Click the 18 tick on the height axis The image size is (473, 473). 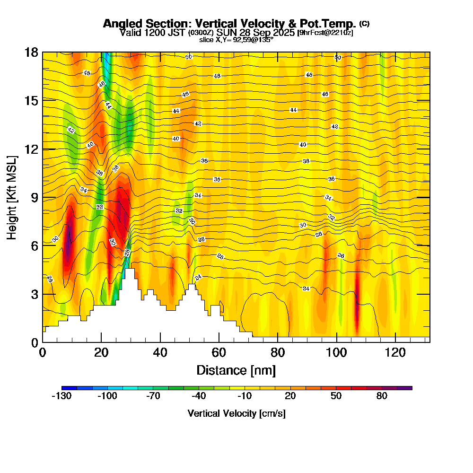(32, 52)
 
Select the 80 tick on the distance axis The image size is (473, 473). (278, 352)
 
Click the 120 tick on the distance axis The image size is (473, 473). (395, 352)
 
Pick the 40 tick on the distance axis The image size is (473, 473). (160, 352)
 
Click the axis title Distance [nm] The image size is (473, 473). (236, 369)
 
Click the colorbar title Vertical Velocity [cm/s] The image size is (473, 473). (236, 413)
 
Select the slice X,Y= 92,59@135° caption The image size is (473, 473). (236, 40)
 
